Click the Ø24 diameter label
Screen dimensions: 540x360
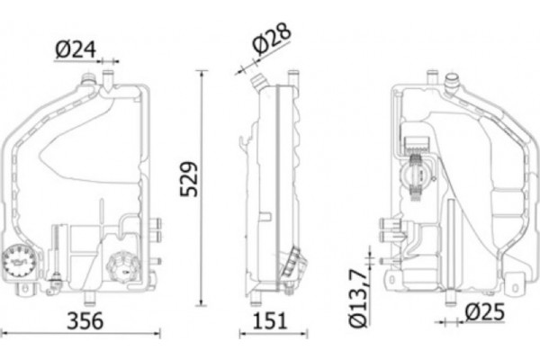pyautogui.click(x=76, y=50)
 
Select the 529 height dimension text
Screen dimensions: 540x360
pyautogui.click(x=189, y=179)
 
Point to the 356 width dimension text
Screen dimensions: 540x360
pyautogui.click(x=85, y=320)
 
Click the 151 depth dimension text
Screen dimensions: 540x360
pyautogui.click(x=270, y=320)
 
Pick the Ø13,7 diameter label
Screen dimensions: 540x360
pyautogui.click(x=358, y=298)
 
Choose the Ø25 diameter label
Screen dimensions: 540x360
pyautogui.click(x=484, y=312)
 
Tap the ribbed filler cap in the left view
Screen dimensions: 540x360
pyautogui.click(x=123, y=267)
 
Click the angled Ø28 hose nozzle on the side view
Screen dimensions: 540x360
pyautogui.click(x=258, y=82)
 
